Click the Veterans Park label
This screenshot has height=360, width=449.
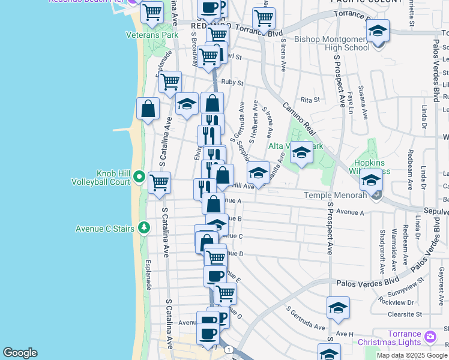pos(152,35)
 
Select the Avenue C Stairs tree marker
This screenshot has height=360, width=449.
pos(143,228)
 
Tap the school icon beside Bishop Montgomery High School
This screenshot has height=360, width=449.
pos(378,31)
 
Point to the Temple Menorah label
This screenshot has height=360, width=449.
pos(335,195)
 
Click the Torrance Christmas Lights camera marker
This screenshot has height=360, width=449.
pos(429,337)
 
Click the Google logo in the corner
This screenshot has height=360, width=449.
pos(20,353)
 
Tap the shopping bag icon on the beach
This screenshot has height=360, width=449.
pos(148,109)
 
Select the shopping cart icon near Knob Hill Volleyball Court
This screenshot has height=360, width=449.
pos(159,182)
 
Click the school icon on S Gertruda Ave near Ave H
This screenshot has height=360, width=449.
pos(338,308)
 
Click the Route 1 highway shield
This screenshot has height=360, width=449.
pos(228,349)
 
